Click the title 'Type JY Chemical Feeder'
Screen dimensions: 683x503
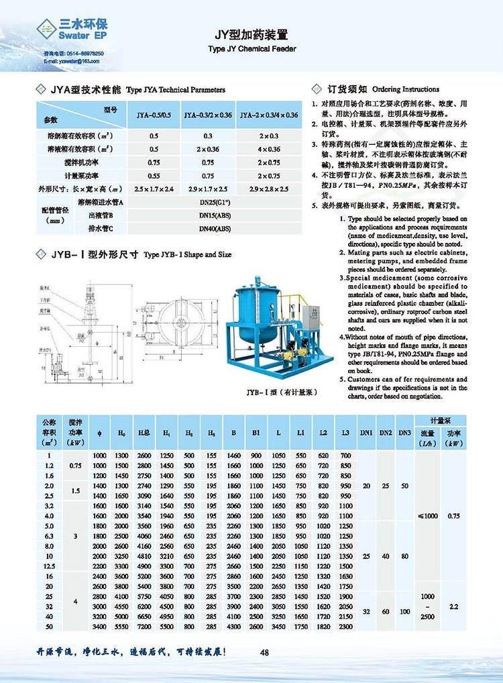(x=251, y=49)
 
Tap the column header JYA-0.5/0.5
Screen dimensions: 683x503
(x=154, y=115)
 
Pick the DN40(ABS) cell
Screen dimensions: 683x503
(x=214, y=228)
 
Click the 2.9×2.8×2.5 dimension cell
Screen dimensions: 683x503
(x=269, y=189)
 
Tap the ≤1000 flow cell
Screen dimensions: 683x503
(x=427, y=515)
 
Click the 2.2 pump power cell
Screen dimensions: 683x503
(x=453, y=606)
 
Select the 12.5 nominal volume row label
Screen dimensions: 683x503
(x=49, y=566)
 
